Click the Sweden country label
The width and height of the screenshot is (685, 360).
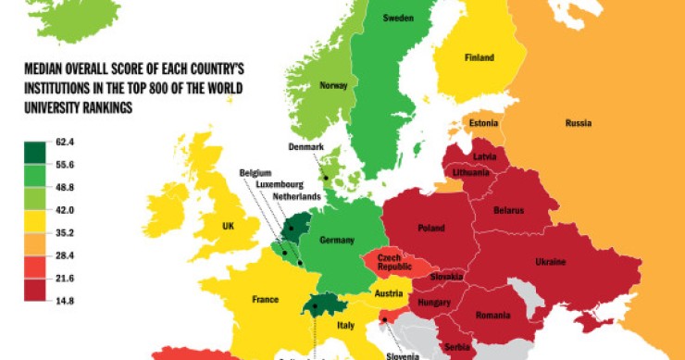point(397,19)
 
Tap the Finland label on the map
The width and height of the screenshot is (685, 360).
point(479,57)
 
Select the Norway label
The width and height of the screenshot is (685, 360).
point(333,86)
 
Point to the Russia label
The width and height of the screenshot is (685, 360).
point(578,123)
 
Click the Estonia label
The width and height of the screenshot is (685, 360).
point(484,123)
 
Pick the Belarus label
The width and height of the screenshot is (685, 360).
point(509,211)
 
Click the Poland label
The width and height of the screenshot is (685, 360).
point(431,228)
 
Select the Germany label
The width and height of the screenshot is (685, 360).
point(337,241)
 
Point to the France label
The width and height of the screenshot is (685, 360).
point(266,300)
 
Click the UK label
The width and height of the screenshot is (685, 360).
point(228,226)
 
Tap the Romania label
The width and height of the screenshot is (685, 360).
point(492,315)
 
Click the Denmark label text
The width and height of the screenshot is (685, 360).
point(305,147)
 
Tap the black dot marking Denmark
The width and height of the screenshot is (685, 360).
point(325,179)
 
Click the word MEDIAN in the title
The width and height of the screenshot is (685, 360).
point(45,68)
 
